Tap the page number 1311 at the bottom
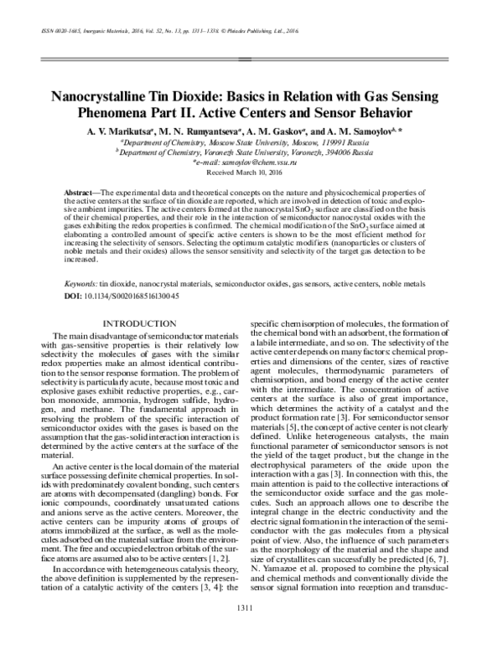pos(251,607)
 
